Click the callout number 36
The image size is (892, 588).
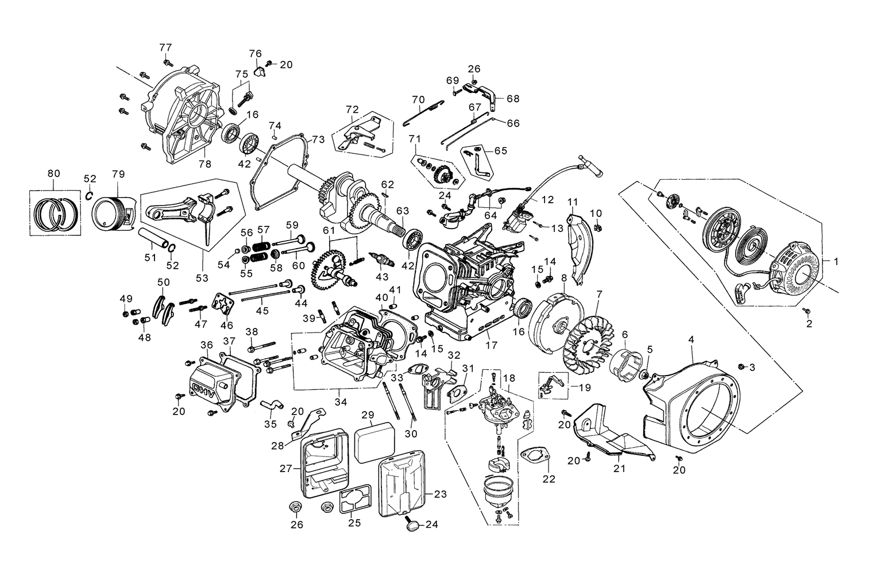click(x=207, y=345)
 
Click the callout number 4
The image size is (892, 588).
click(x=691, y=339)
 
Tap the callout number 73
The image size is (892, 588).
click(x=318, y=140)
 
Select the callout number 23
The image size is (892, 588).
click(x=440, y=494)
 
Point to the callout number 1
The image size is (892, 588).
click(x=836, y=261)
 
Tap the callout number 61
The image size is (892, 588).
click(x=328, y=230)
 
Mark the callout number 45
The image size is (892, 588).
click(x=262, y=310)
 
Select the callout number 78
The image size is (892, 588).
click(x=205, y=164)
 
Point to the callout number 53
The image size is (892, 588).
click(x=202, y=278)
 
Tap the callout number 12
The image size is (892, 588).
click(x=547, y=200)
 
